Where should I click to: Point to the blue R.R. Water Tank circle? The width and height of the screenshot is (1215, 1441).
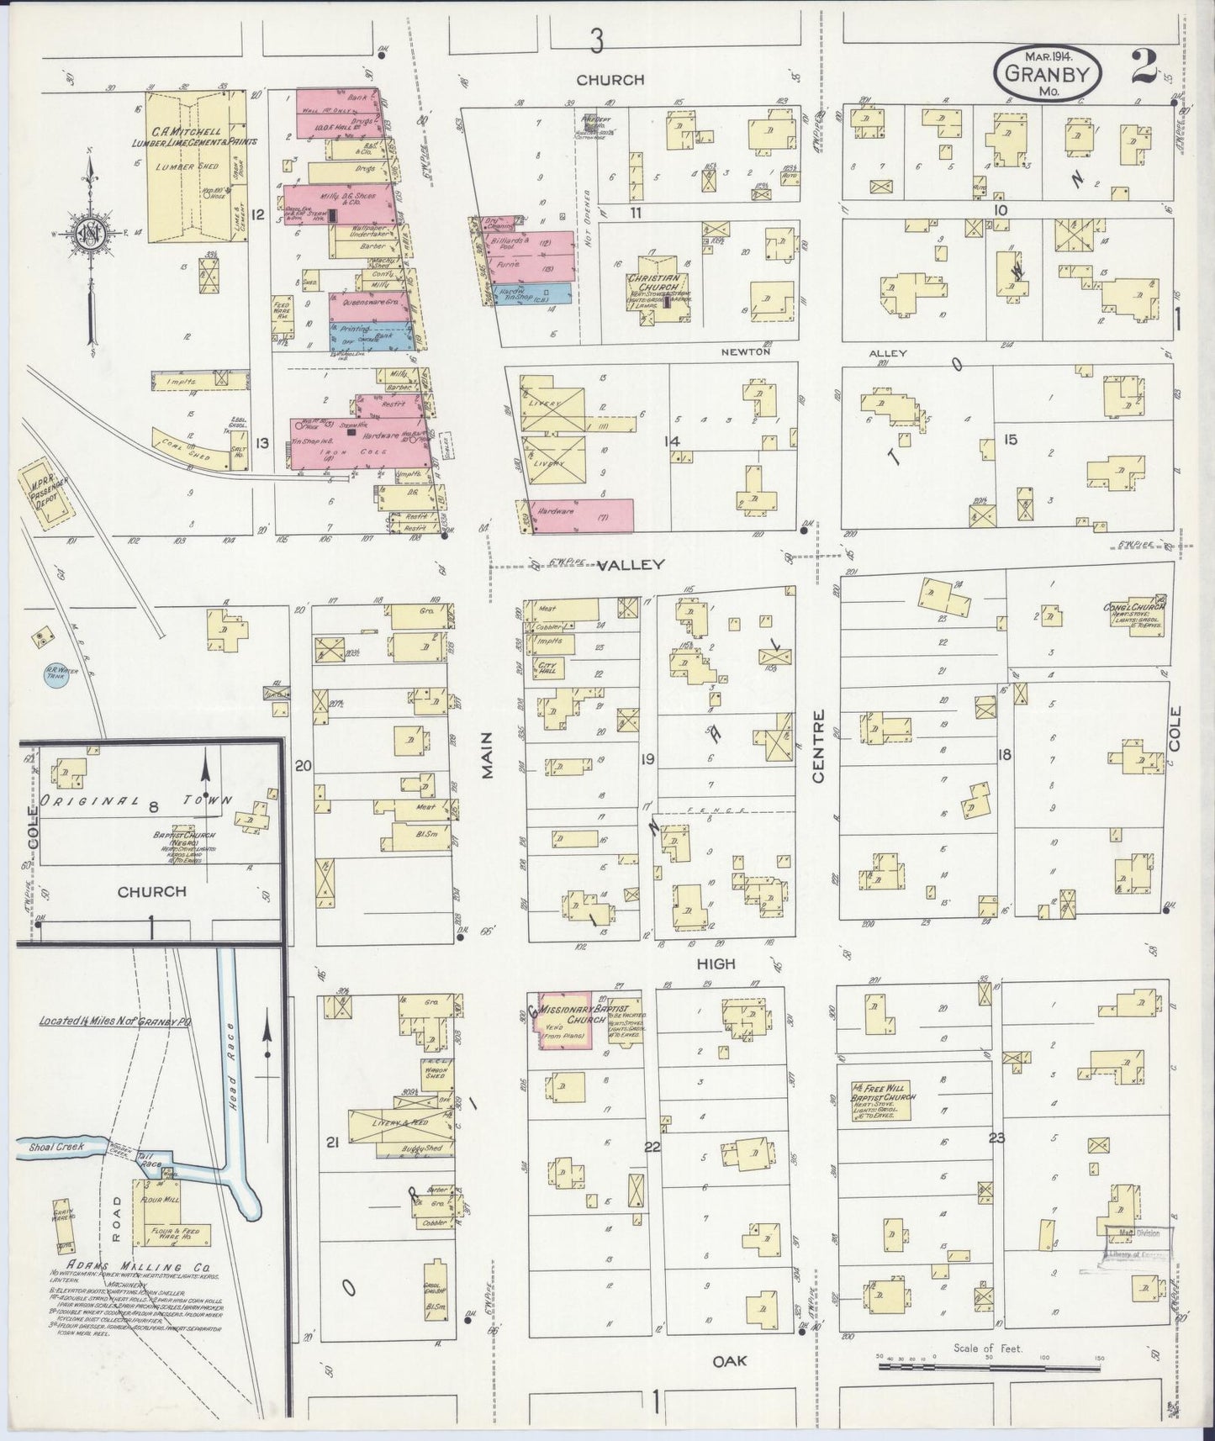55,675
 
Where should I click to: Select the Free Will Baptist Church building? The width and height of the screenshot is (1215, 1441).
883,1098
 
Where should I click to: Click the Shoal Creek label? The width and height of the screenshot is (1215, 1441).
53,1147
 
